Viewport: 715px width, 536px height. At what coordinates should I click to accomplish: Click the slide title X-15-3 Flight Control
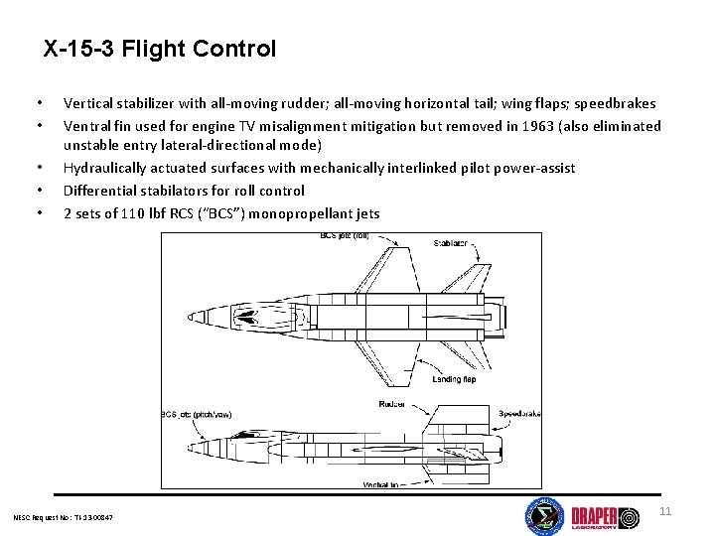click(160, 48)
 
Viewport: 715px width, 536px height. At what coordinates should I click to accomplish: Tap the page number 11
click(665, 511)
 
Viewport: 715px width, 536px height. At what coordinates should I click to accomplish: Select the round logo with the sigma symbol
click(543, 517)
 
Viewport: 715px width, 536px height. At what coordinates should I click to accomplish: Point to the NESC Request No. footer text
click(64, 517)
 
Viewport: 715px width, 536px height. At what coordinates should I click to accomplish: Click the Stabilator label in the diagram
click(450, 243)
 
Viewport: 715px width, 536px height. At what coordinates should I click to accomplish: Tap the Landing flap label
click(454, 378)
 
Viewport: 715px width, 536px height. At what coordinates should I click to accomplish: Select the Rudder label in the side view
click(391, 404)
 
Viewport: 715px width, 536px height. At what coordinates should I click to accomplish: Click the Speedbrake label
click(518, 414)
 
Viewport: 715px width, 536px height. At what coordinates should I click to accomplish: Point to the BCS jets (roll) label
click(346, 236)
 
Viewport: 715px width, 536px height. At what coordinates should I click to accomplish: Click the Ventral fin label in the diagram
click(381, 483)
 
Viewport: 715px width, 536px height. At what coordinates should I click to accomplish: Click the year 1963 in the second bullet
click(533, 126)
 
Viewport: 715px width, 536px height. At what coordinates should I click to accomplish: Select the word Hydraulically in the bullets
click(105, 169)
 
